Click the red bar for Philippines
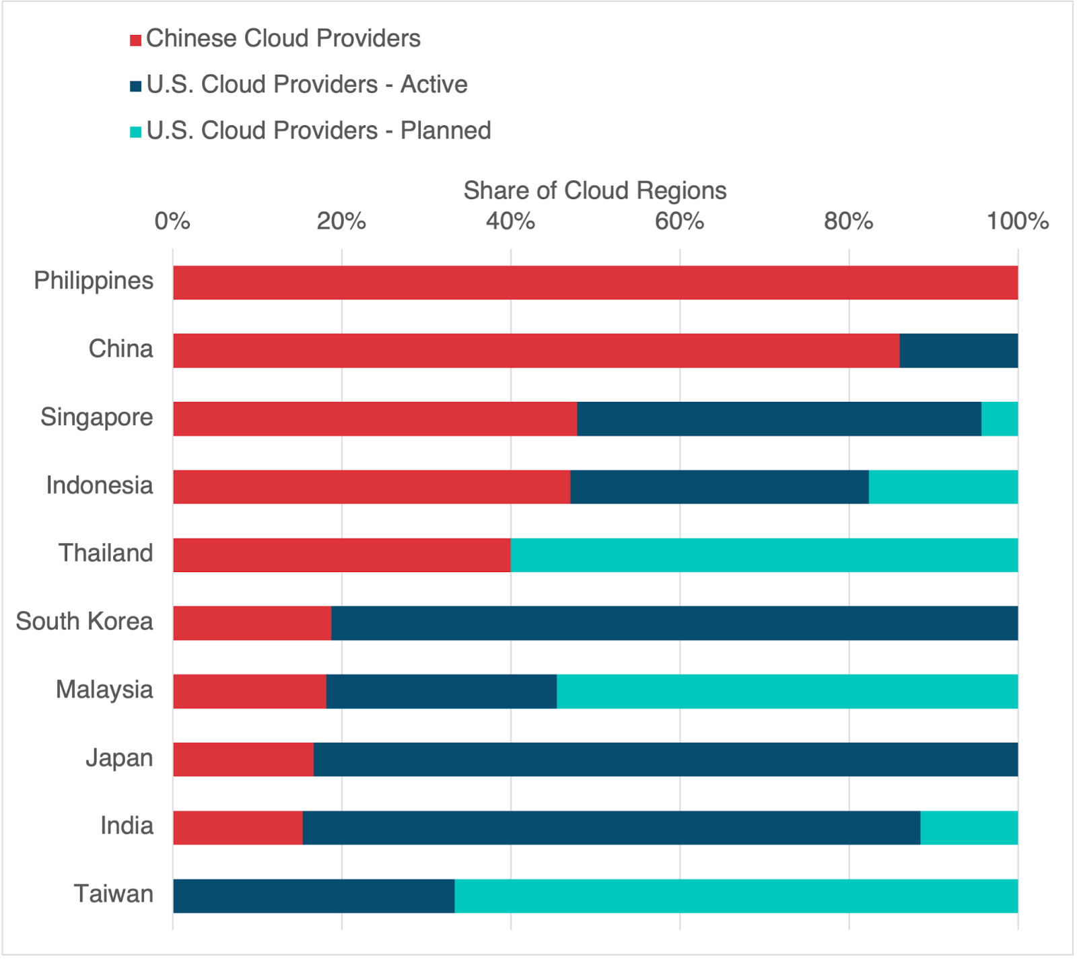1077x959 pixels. click(595, 283)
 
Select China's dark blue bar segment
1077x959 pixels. click(959, 351)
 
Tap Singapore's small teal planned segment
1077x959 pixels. click(1000, 419)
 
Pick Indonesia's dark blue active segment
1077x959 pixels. click(719, 487)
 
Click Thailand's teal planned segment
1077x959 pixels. click(764, 555)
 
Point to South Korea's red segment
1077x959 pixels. click(252, 623)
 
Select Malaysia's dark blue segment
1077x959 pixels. click(441, 691)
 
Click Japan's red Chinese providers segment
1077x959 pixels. click(243, 759)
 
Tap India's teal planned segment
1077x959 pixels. click(969, 827)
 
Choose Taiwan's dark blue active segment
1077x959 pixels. click(314, 896)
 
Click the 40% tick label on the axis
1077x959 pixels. click(510, 221)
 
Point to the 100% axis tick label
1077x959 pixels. click(1017, 221)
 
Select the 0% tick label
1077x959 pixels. click(172, 221)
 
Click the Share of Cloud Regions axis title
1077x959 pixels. click(594, 190)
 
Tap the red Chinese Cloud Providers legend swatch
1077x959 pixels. click(135, 40)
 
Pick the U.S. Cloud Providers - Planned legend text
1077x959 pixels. click(318, 131)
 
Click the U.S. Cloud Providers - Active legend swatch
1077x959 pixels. click(135, 85)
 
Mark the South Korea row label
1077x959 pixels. click(85, 621)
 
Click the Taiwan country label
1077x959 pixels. click(113, 894)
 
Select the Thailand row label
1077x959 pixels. click(106, 553)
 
